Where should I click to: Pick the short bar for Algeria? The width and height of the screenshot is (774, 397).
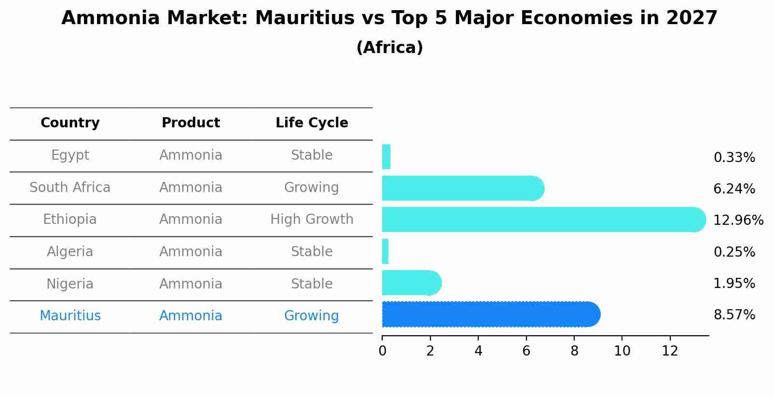(385, 251)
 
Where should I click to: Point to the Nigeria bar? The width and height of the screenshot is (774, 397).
(411, 283)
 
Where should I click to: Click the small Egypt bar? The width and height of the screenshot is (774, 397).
(386, 157)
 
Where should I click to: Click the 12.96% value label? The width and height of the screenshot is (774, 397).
(738, 220)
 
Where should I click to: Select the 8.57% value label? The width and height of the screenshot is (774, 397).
(734, 315)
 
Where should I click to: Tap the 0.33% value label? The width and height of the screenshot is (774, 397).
(734, 158)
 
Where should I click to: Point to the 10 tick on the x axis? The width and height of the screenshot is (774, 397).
(622, 351)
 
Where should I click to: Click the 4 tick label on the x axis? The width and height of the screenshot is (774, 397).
(478, 351)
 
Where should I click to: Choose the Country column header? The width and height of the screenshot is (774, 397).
(70, 123)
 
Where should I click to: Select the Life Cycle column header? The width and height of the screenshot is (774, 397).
(312, 123)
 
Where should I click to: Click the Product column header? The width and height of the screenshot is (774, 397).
(191, 123)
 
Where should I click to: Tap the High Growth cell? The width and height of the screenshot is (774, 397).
(312, 219)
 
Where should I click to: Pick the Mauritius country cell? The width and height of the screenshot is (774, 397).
(70, 316)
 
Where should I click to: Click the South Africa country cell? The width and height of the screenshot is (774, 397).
(70, 188)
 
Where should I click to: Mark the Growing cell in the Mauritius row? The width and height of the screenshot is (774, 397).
(311, 316)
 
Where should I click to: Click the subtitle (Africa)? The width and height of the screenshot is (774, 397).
(389, 48)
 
